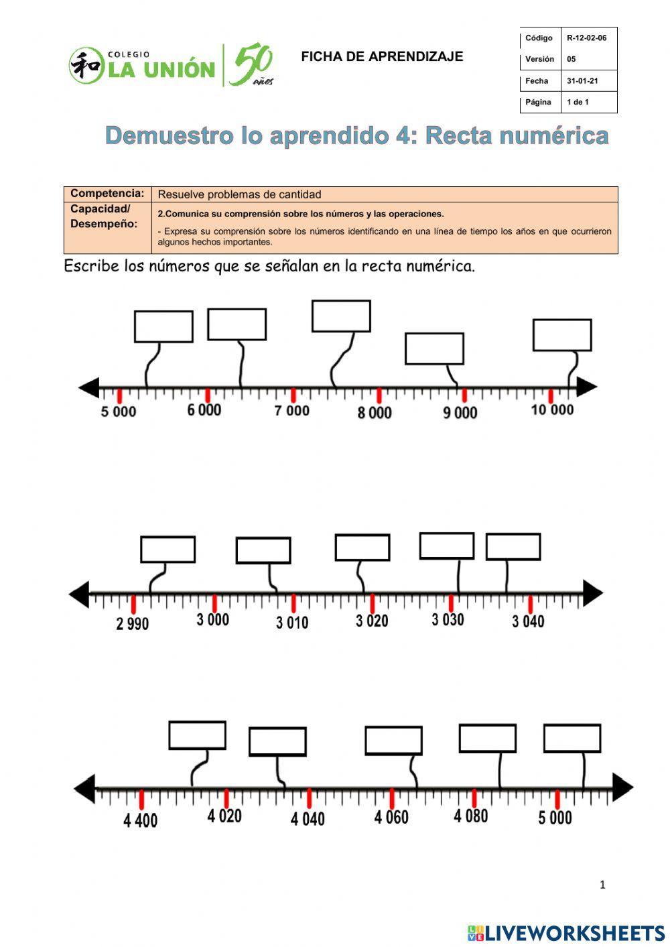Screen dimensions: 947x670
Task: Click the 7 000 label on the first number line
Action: pos(291,410)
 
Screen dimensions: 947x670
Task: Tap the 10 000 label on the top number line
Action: pos(552,409)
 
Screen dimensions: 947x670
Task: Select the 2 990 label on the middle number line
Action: pos(133,624)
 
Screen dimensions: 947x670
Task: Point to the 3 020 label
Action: pos(372,621)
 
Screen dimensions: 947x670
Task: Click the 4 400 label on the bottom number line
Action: pos(141,820)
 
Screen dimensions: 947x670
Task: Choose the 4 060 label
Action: pos(391,817)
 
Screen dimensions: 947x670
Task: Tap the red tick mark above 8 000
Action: pos(379,395)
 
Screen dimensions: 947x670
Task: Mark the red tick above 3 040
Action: pos(530,604)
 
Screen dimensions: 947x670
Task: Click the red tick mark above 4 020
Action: pos(226,798)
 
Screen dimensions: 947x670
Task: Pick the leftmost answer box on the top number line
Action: pos(163,326)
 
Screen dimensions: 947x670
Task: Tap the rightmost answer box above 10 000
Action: pos(562,335)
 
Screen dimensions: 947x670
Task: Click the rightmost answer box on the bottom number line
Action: pos(572,738)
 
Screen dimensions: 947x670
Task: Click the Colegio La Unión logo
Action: pos(171,66)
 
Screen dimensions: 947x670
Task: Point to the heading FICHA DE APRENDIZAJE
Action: pos(382,57)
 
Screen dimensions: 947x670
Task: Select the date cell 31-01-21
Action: pos(583,81)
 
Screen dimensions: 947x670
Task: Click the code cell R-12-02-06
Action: pos(586,38)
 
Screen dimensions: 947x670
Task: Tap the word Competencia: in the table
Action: pos(107,194)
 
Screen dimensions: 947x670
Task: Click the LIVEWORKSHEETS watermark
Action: pos(566,933)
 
